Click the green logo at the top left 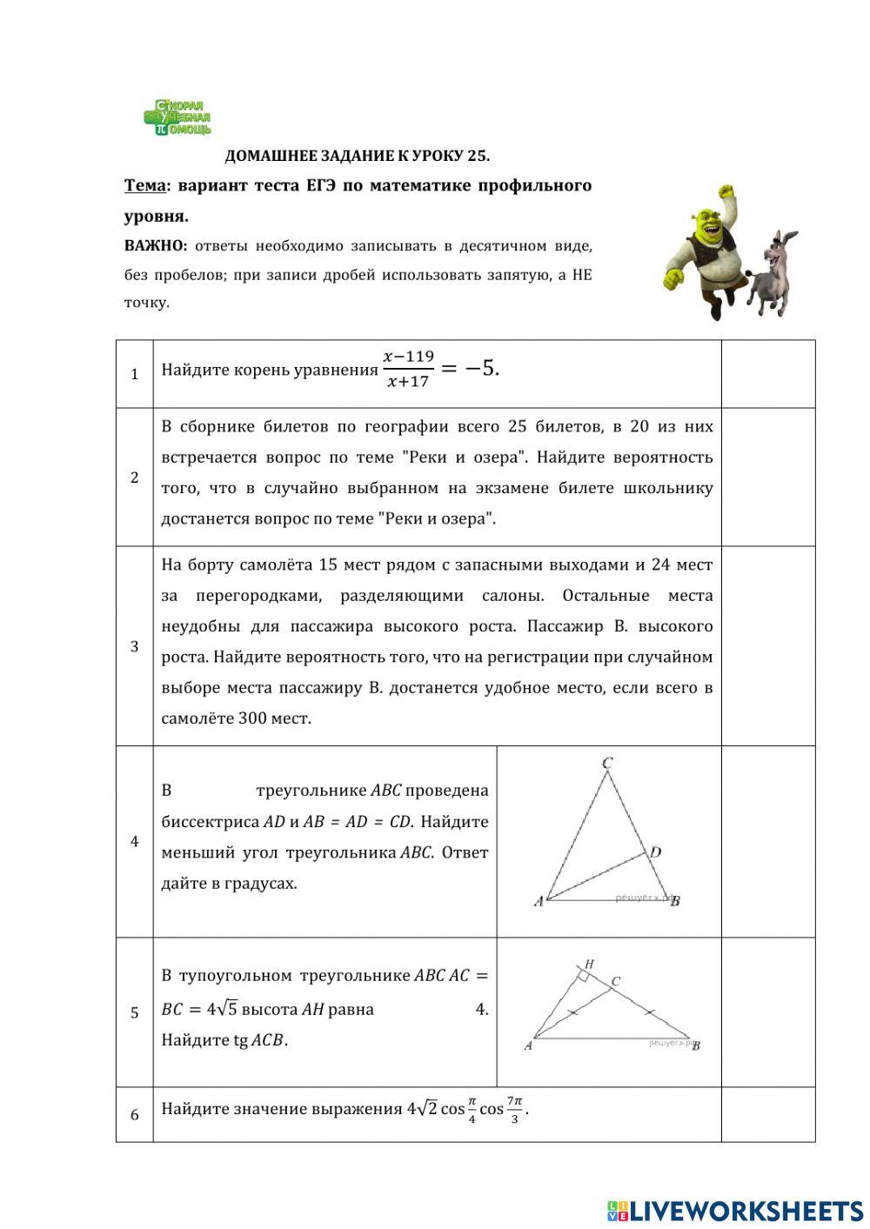[177, 117]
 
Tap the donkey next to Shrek [771, 272]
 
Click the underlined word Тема [144, 185]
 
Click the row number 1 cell [135, 374]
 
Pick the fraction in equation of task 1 [408, 369]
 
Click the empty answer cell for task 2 [767, 477]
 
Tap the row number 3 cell [135, 646]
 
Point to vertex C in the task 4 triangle [607, 764]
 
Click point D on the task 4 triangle [656, 852]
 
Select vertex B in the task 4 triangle [675, 901]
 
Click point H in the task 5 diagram [589, 964]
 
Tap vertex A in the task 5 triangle [528, 1045]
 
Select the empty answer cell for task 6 [767, 1113]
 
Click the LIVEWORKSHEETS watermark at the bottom [735, 1210]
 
